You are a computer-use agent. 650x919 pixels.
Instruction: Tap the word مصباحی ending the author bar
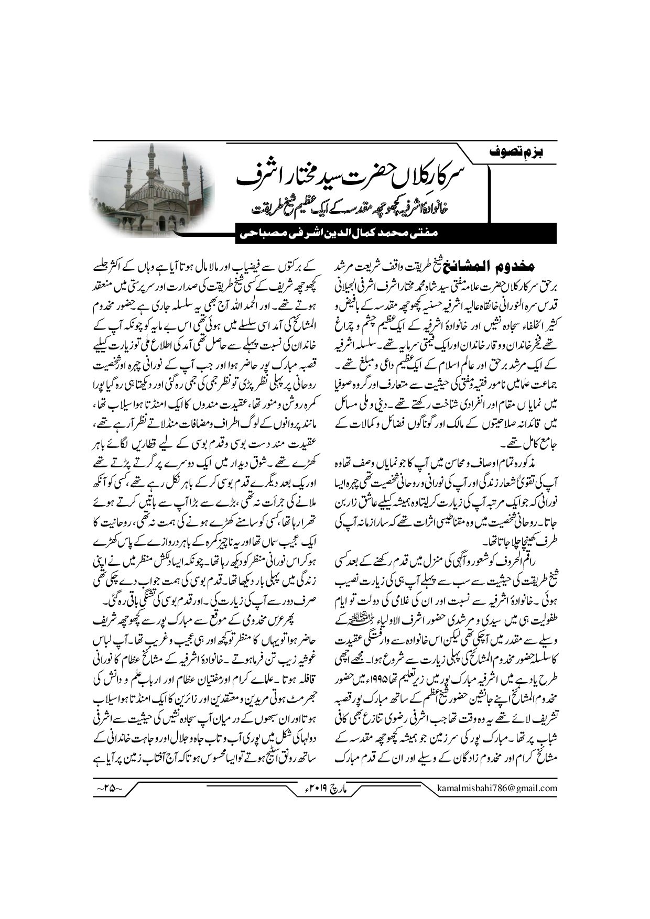point(247,235)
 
